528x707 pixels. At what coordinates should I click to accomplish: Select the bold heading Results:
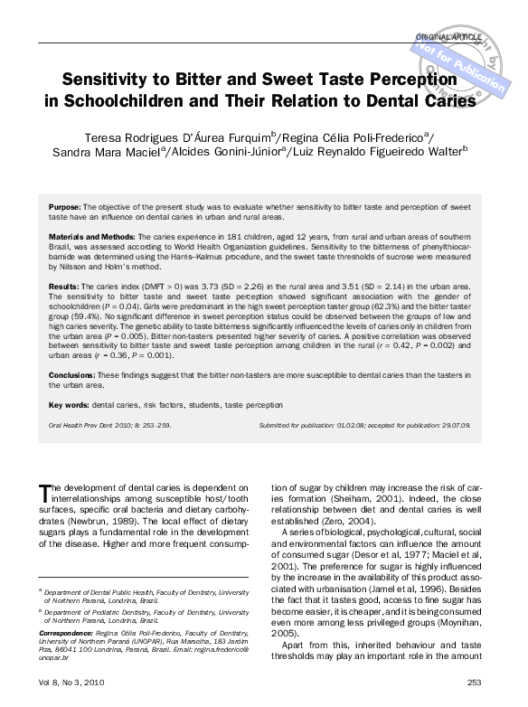(x=64, y=285)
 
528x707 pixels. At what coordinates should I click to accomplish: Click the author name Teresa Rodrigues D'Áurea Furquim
(x=158, y=137)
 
